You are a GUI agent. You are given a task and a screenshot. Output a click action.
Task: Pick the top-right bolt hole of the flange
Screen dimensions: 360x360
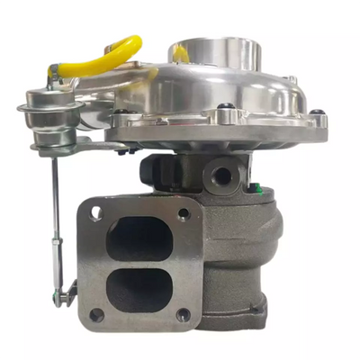pyautogui.click(x=184, y=215)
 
